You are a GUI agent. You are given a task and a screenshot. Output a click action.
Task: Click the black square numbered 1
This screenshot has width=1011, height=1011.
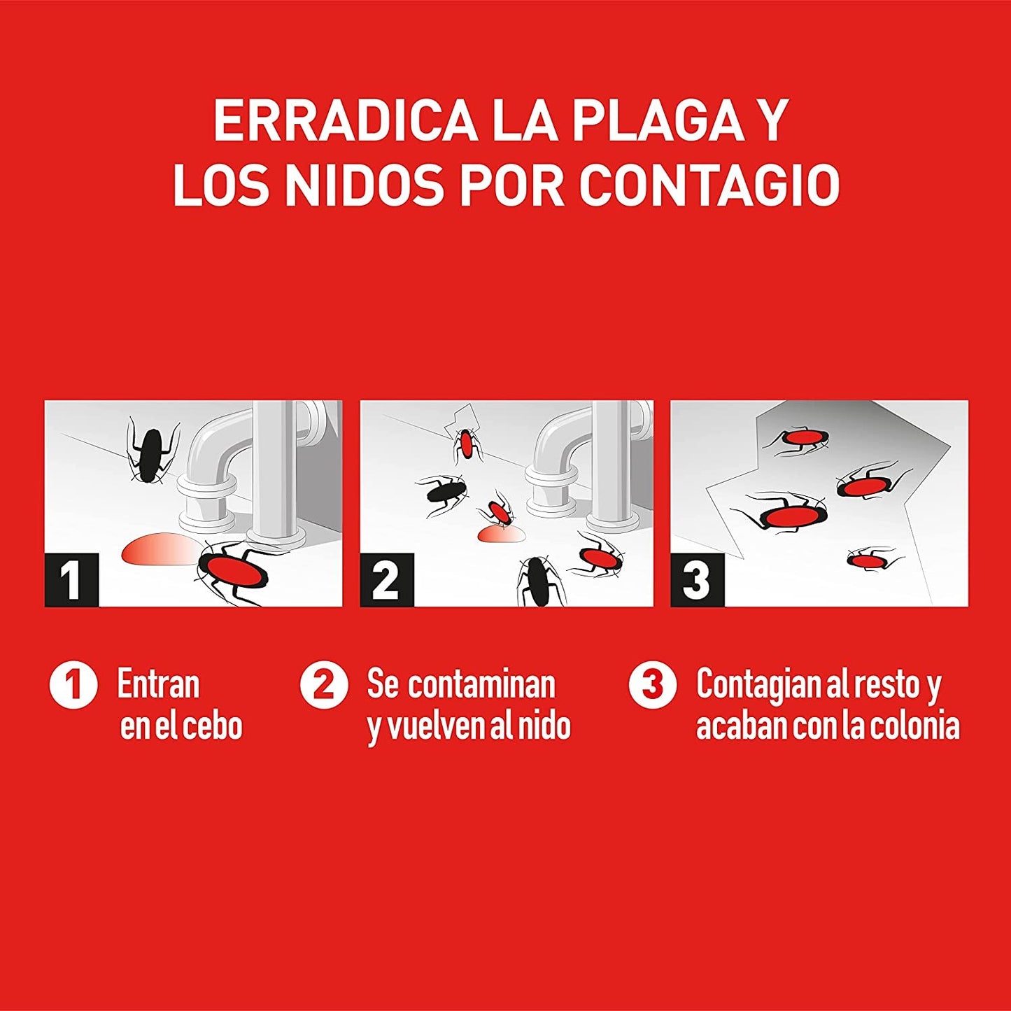tap(71, 579)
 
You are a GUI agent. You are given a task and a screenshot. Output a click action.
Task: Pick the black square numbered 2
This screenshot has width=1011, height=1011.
tap(387, 579)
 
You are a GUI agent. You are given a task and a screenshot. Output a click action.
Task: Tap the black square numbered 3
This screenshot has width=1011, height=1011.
tap(698, 579)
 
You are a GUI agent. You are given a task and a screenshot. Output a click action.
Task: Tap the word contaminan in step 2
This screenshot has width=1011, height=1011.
tap(481, 684)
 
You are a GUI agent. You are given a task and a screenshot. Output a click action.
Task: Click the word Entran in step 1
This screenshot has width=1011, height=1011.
tap(158, 684)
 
